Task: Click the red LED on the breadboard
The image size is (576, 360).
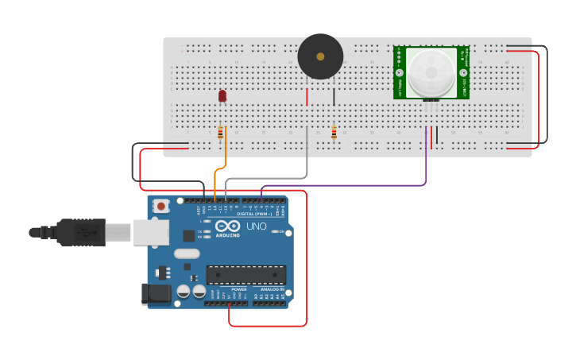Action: pos(222,95)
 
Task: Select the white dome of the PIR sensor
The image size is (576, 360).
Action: pos(432,72)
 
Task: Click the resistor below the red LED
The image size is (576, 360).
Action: pos(220,132)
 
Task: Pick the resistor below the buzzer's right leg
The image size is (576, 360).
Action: pos(334,132)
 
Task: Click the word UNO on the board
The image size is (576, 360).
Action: pos(257,226)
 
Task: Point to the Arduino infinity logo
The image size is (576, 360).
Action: pos(227,226)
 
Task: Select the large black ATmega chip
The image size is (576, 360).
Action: pos(246,275)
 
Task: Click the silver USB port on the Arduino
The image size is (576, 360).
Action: pos(151,232)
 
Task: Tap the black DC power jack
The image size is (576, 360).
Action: pos(157,293)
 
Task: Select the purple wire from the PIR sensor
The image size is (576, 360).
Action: pos(426,167)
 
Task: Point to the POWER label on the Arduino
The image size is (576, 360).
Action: pos(238,289)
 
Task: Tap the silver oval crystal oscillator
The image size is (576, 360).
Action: pos(187,254)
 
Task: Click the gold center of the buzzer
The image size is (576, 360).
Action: pos(320,56)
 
